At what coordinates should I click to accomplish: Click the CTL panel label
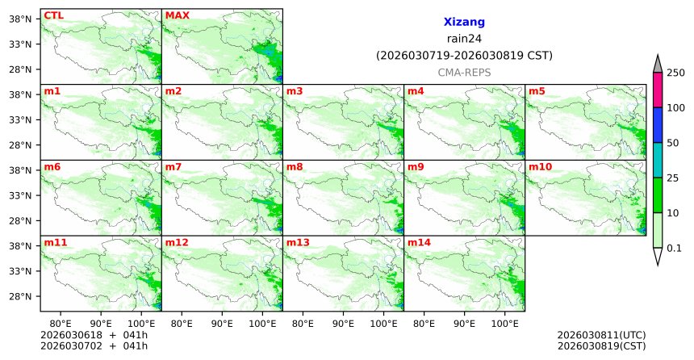53,15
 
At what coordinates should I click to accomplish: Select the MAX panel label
177,15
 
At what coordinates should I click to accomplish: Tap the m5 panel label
537,91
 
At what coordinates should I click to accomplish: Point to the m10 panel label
540,166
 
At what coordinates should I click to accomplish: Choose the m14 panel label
419,242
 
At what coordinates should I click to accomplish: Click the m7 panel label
173,166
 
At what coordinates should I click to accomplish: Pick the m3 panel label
295,91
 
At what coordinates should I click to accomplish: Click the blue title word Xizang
464,23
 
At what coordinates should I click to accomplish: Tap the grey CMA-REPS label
464,72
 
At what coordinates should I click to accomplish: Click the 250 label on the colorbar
675,73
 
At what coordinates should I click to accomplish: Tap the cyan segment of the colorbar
658,160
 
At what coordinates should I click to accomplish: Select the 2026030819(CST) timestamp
601,345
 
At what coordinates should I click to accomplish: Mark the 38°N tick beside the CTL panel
19,19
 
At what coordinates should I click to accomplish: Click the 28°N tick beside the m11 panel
19,296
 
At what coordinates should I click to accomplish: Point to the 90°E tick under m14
464,323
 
